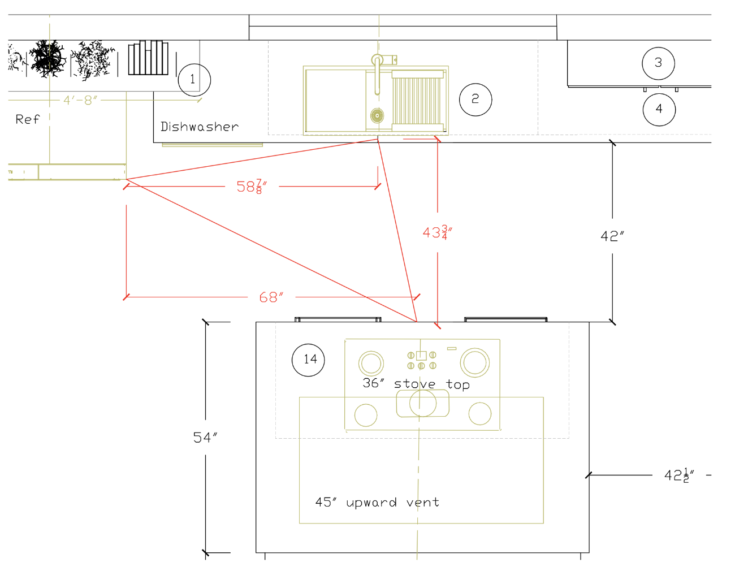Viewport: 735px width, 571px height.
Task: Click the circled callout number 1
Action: point(194,80)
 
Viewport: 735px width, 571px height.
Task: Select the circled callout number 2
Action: point(475,100)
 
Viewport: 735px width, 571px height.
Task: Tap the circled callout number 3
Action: point(658,63)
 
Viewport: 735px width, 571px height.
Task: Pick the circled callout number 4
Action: point(659,109)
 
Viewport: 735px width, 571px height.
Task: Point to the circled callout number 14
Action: point(308,360)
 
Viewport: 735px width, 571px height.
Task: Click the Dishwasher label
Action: point(199,127)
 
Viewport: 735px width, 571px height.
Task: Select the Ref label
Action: point(27,119)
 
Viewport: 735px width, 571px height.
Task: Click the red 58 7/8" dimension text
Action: point(252,187)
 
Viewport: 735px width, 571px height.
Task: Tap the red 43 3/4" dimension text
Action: point(437,232)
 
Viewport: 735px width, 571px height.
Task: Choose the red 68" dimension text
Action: point(271,297)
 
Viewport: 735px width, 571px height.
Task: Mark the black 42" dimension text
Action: point(612,236)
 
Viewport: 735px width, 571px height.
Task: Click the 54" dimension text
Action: point(205,438)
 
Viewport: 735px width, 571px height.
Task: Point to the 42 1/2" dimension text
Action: point(679,475)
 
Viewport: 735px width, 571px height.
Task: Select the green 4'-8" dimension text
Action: point(80,100)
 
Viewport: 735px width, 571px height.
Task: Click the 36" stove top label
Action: point(416,384)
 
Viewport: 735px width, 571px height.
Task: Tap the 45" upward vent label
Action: point(377,503)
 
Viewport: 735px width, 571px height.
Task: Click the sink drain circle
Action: point(377,116)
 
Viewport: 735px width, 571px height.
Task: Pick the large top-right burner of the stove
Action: point(474,362)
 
